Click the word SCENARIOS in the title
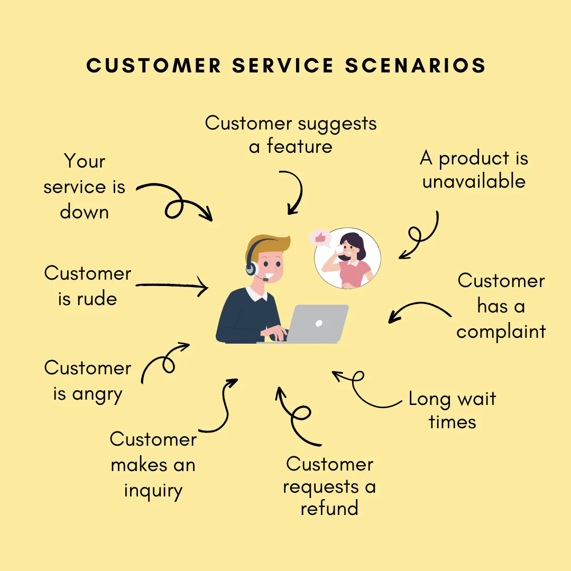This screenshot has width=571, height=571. coord(416,66)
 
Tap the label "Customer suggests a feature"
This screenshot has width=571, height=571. coord(291,134)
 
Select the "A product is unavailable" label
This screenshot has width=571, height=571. coord(474,170)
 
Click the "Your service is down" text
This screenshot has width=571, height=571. coord(85,187)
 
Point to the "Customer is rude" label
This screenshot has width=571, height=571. coord(88,286)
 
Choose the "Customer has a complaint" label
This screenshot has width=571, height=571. coord(501,306)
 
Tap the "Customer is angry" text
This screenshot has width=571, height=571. coord(88,381)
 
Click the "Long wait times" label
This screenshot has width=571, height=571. coord(453,410)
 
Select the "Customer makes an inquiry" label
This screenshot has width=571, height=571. coord(153,465)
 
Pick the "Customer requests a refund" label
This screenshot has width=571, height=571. coord(329,486)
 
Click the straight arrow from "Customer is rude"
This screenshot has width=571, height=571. coord(172,287)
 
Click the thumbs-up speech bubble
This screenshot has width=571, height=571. coord(320,238)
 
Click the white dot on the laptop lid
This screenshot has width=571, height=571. coord(318,323)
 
